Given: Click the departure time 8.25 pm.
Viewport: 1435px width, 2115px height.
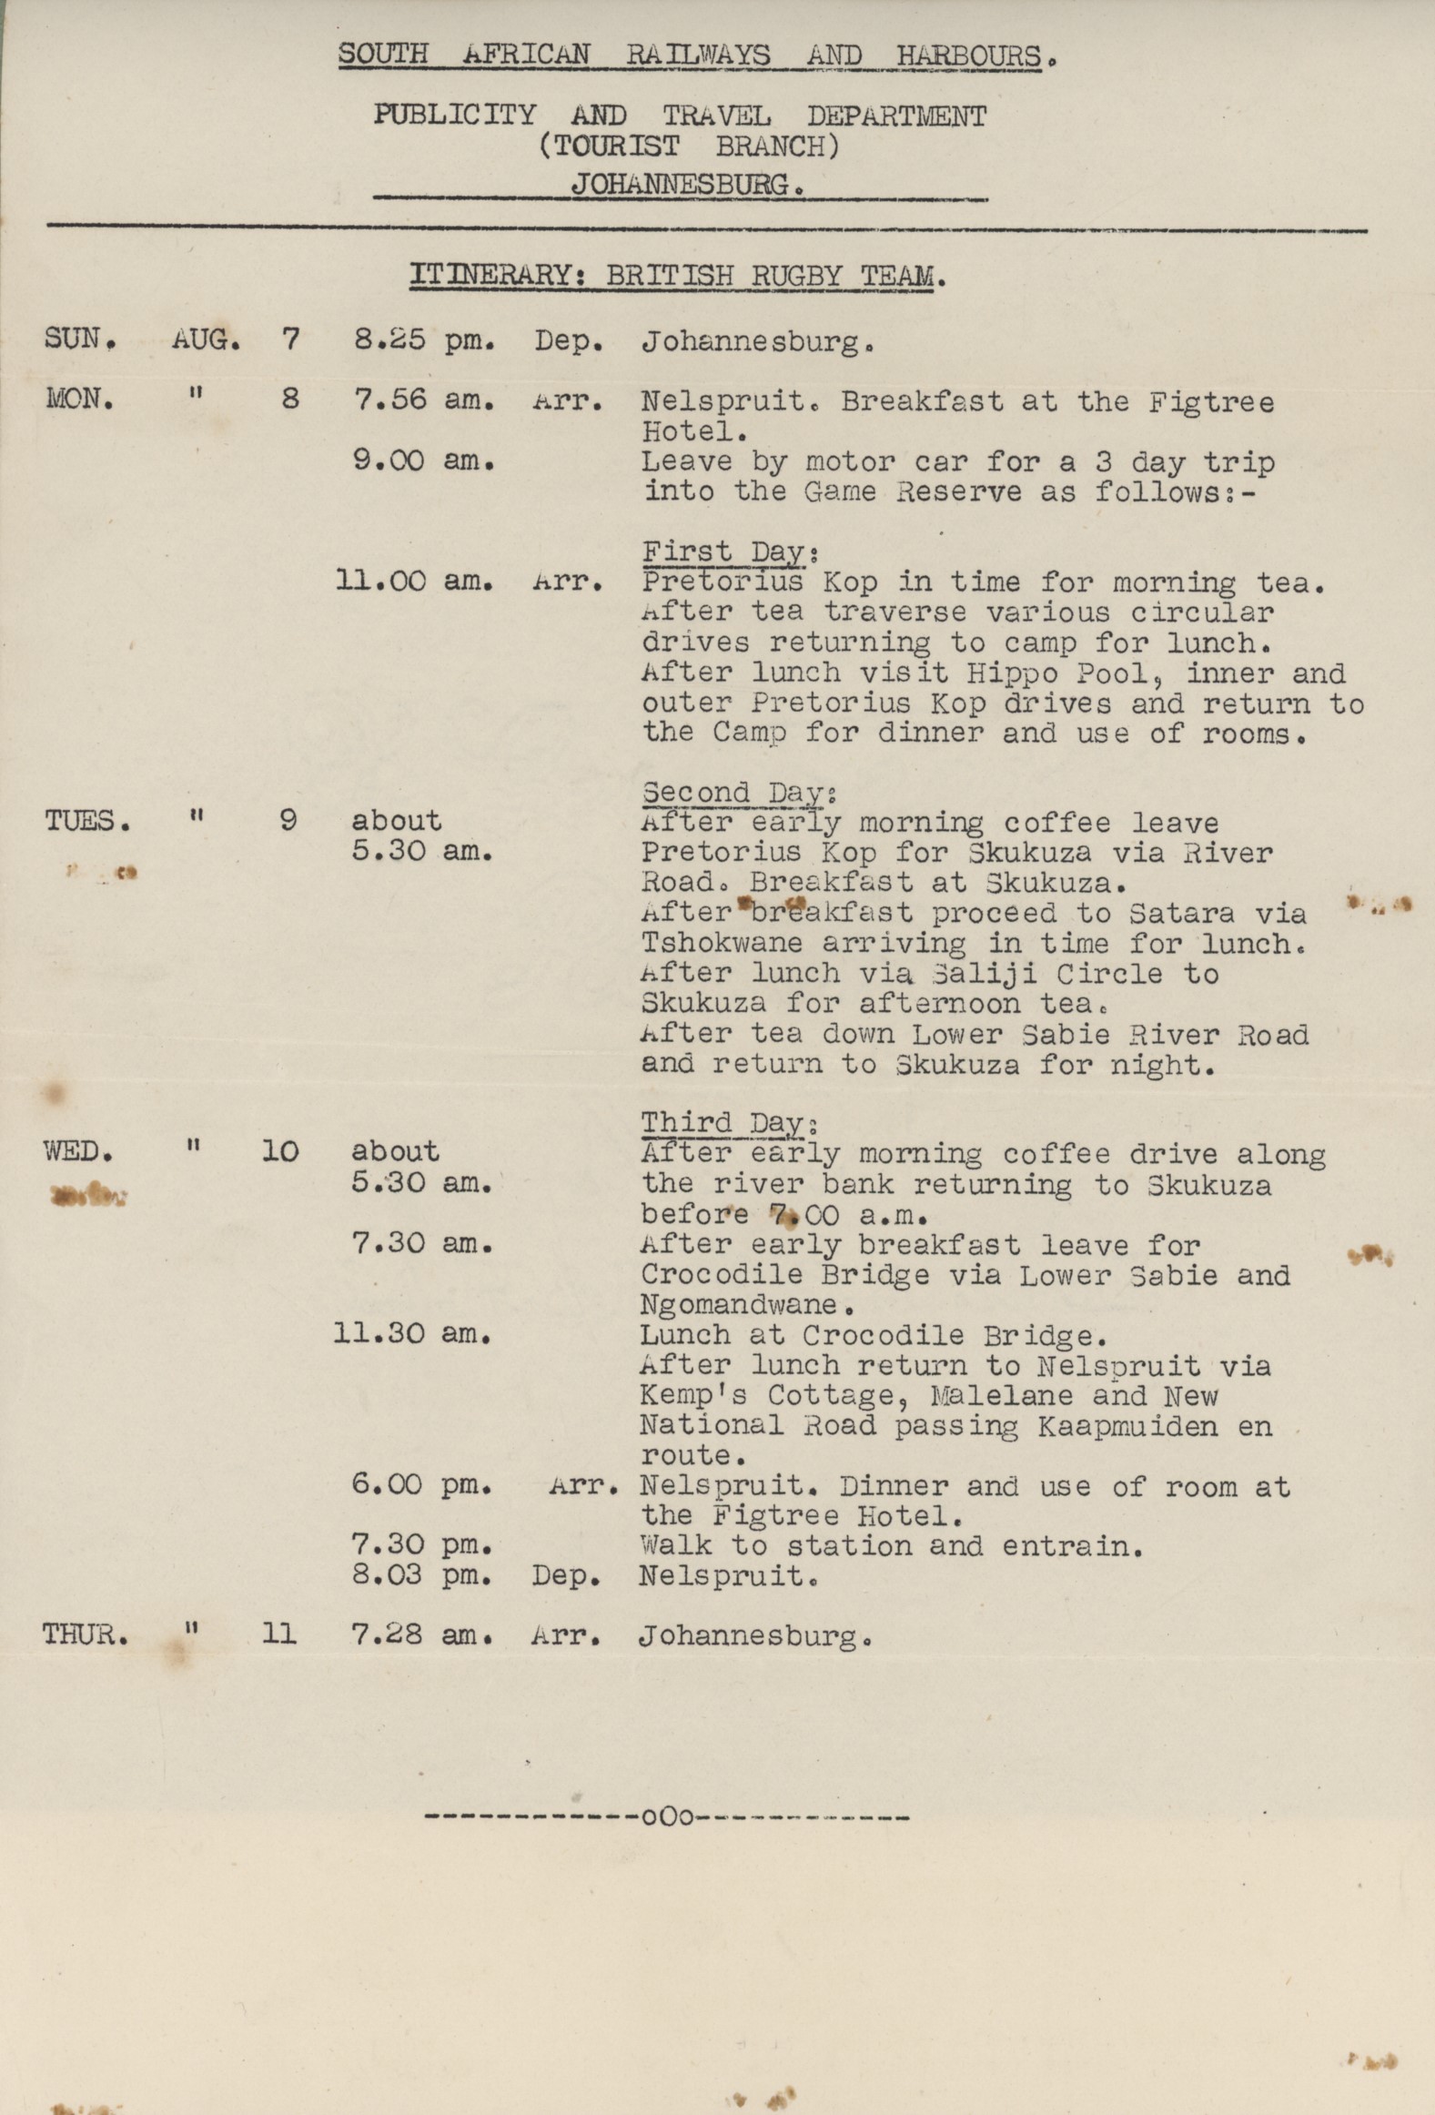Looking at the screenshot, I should click(423, 342).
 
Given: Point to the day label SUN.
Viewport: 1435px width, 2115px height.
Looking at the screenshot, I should click(80, 340).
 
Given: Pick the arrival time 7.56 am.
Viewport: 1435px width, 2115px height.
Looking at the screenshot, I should click(423, 400).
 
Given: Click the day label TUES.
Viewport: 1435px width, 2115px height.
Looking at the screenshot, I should click(87, 822).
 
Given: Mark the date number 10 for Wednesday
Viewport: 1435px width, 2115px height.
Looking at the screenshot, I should click(279, 1152).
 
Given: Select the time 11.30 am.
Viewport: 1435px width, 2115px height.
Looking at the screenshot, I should click(413, 1334).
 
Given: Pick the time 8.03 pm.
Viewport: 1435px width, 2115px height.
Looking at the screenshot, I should click(421, 1575).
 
